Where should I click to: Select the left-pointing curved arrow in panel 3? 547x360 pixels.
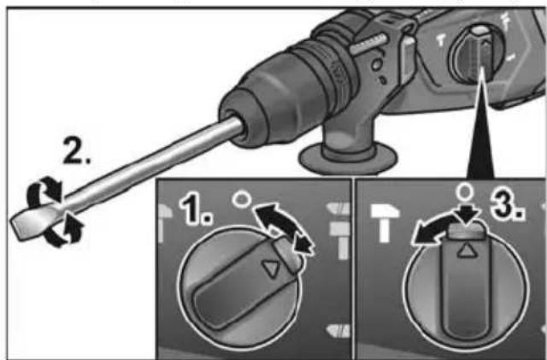[426, 232]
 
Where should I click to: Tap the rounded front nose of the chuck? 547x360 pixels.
[235, 115]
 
